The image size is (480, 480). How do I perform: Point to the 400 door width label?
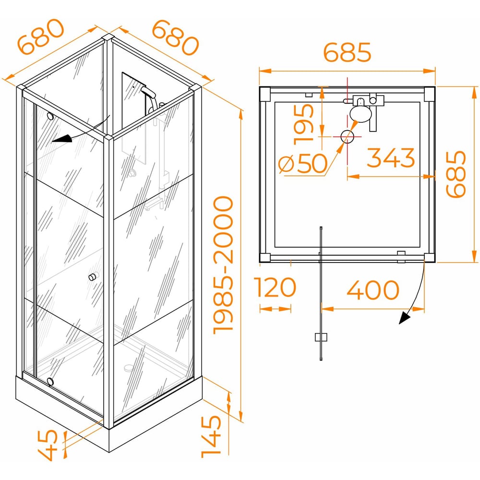pyautogui.click(x=372, y=289)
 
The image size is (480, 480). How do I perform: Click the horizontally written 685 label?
pyautogui.click(x=347, y=52)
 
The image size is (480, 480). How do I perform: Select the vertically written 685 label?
pyautogui.click(x=455, y=174)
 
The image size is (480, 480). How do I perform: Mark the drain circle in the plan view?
pyautogui.click(x=347, y=136)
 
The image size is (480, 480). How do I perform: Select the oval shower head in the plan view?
pyautogui.click(x=360, y=113)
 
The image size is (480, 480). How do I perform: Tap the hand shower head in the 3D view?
pyautogui.click(x=146, y=90)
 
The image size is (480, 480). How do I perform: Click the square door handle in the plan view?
pyautogui.click(x=321, y=337)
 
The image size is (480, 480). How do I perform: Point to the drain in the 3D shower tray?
pyautogui.click(x=129, y=368)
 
